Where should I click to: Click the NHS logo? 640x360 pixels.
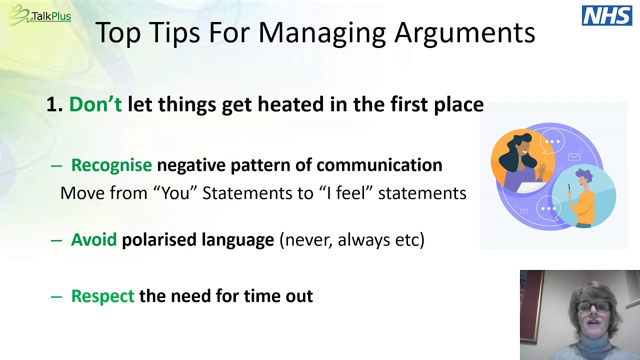(x=607, y=15)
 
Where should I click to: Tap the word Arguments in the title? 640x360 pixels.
(x=464, y=33)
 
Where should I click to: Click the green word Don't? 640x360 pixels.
(x=95, y=104)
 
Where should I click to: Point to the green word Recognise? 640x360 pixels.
(x=111, y=165)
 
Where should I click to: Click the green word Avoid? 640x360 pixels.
(x=93, y=240)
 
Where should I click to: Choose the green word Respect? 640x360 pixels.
(x=102, y=296)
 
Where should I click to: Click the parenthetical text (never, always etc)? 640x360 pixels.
(x=351, y=240)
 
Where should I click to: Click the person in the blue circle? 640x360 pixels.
(x=583, y=195)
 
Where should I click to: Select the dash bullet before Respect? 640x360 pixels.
(x=56, y=296)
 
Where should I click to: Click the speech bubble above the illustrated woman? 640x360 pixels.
(x=552, y=141)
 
